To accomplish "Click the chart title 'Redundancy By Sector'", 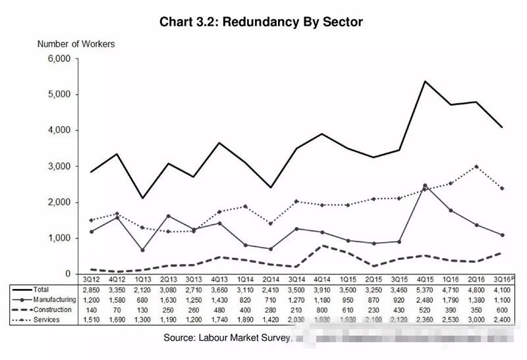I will click(x=261, y=22).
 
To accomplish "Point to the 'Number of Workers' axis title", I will click(x=76, y=44).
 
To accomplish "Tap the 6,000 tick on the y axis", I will click(x=59, y=59).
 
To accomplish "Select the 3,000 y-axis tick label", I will click(x=59, y=167).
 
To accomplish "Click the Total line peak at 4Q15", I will click(x=425, y=81).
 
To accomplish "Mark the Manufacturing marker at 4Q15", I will click(x=425, y=185).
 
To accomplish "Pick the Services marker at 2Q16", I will click(x=477, y=167).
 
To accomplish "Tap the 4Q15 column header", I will click(x=425, y=279).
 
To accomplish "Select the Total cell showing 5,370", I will click(x=425, y=290).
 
